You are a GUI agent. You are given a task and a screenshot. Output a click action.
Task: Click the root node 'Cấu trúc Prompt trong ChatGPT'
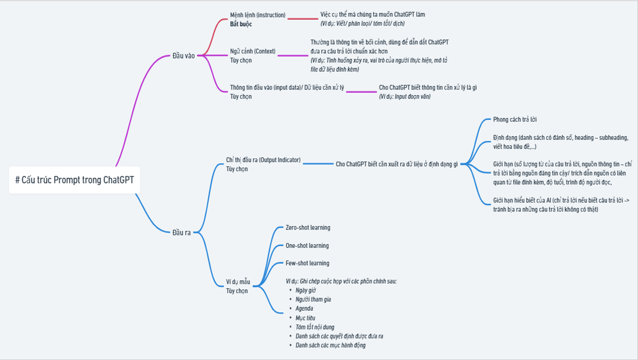coord(74,180)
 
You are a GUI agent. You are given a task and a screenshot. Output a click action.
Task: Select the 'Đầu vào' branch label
coord(184,56)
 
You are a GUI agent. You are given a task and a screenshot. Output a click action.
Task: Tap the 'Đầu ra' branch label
coord(182,232)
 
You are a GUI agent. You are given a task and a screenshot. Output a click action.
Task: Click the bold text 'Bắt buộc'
coord(241,24)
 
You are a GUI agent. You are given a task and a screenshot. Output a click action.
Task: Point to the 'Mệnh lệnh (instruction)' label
coord(258,15)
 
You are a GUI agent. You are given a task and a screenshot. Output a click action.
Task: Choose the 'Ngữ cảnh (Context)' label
coord(253,51)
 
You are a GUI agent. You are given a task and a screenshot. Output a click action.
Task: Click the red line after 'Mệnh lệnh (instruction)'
coord(303,19)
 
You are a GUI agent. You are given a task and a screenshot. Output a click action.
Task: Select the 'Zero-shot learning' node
coord(308,228)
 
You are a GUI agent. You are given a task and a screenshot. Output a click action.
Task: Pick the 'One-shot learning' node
coord(307,245)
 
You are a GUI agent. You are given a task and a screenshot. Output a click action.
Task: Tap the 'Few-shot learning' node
coord(307,263)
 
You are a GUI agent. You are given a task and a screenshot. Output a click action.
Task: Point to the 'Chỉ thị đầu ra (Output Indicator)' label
coord(263,160)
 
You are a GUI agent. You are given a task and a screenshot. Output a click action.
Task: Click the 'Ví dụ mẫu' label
coord(238,282)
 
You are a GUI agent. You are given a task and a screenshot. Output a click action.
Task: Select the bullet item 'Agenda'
coord(304,308)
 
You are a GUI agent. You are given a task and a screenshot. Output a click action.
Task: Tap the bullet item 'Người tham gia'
coord(313,299)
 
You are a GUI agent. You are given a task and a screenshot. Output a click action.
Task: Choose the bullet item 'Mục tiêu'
coord(305,318)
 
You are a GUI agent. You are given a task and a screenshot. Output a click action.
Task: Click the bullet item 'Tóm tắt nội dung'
coord(315,327)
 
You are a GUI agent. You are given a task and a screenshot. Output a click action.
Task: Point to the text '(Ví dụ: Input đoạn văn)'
coord(404,96)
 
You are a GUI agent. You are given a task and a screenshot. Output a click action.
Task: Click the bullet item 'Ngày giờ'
coord(306,290)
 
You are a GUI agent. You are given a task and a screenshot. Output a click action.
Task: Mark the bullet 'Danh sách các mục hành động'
coord(331,345)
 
